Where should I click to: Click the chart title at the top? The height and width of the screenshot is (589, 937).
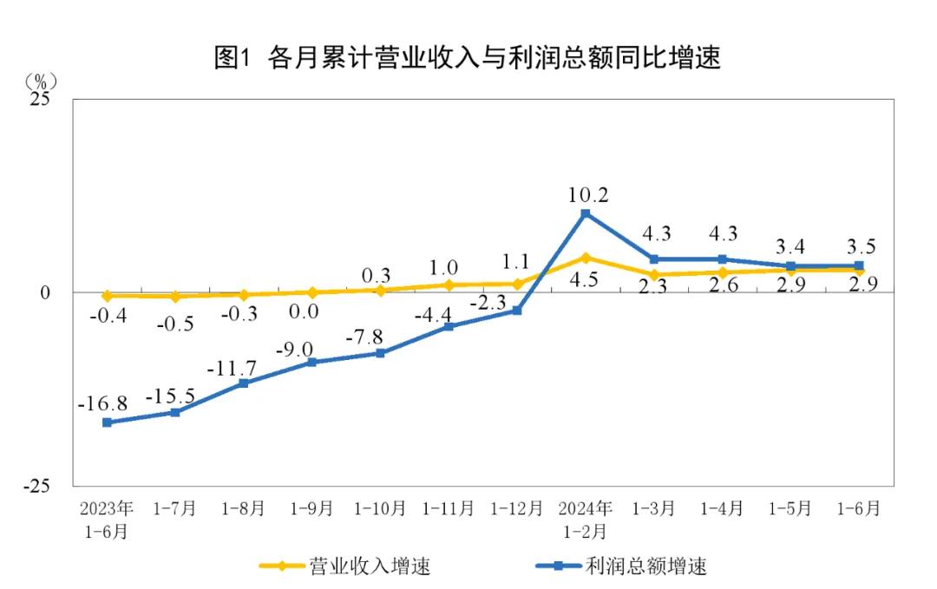pos(468,57)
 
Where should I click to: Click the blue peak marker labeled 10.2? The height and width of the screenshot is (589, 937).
pos(586,213)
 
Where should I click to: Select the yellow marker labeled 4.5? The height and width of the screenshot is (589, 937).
pos(586,258)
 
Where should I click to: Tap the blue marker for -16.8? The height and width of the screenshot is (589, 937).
pos(107,422)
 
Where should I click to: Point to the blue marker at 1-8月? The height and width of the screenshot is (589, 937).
pos(244,383)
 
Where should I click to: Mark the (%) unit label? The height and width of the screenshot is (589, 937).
pos(40,81)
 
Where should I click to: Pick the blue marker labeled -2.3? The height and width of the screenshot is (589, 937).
pos(517,311)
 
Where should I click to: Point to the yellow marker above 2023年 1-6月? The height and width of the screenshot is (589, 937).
pos(107,296)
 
